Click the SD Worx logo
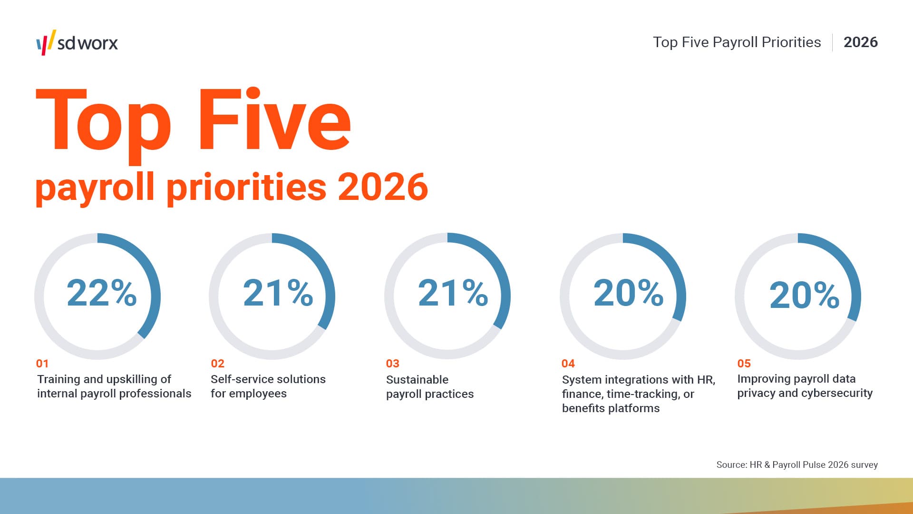coord(77,43)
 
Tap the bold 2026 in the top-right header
coord(860,42)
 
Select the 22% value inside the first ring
coord(102,293)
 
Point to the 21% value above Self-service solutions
coord(278,293)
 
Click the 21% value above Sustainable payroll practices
coord(453,293)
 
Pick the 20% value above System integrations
coord(628,293)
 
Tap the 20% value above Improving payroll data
coord(804,295)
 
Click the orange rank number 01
coord(42,364)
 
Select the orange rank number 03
coord(392,364)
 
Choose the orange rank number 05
coord(744,364)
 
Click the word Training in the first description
coord(58,379)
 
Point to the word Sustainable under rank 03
coord(417,380)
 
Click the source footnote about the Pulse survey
coord(797,465)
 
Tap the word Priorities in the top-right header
coord(791,42)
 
